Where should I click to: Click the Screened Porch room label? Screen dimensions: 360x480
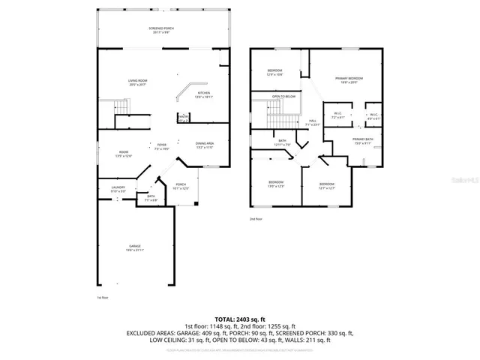click(x=160, y=30)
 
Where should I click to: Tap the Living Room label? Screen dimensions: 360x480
click(x=136, y=82)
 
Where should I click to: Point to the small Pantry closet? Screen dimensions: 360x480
click(x=183, y=118)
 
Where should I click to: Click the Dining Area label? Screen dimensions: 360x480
click(x=205, y=145)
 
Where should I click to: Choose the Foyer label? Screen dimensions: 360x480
click(x=161, y=145)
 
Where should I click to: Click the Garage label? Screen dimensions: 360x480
click(x=135, y=247)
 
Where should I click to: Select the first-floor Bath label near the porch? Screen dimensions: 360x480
click(x=151, y=198)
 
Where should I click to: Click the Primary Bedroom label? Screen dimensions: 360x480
click(x=349, y=79)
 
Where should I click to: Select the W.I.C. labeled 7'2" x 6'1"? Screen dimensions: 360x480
click(x=338, y=116)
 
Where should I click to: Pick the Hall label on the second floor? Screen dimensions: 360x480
click(x=312, y=122)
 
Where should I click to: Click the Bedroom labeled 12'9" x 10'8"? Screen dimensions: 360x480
click(x=275, y=72)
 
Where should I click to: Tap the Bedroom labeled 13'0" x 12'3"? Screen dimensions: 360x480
click(x=276, y=184)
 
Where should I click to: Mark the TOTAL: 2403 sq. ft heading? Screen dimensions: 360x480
click(x=239, y=319)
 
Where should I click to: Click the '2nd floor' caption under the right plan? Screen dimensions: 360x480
click(x=256, y=219)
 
